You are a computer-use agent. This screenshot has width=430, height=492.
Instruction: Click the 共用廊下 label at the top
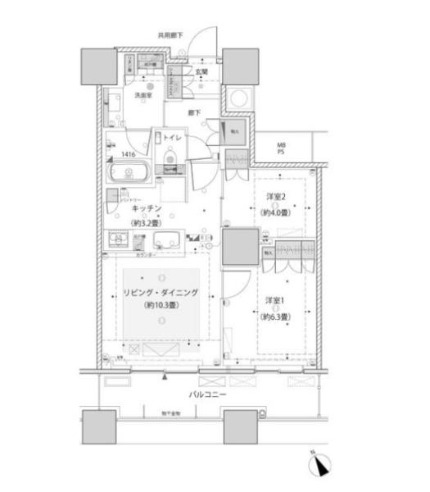click(x=170, y=34)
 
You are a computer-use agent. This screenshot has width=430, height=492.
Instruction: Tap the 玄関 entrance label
click(x=201, y=71)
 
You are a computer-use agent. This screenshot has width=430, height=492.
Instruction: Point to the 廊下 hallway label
click(x=195, y=112)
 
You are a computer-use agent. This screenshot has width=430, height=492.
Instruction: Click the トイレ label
click(x=172, y=138)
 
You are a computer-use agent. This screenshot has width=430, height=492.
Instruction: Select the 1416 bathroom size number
click(x=129, y=153)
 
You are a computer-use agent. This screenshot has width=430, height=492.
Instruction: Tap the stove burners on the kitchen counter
click(x=116, y=240)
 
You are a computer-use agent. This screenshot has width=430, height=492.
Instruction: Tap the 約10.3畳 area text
click(x=161, y=306)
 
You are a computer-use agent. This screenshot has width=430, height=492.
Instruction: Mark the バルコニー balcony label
click(x=208, y=394)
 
